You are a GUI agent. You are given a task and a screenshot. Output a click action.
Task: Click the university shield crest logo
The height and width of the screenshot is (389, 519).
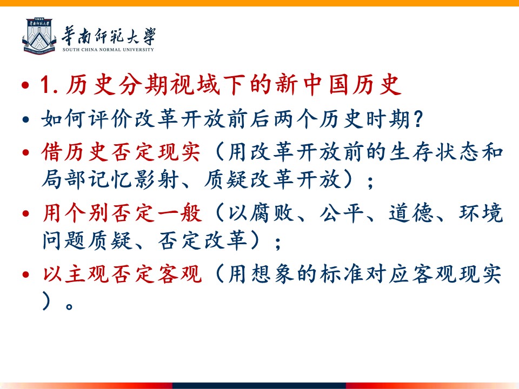(39, 36)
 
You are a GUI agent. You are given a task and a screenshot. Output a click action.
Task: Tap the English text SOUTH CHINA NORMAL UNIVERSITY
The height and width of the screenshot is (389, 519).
(108, 50)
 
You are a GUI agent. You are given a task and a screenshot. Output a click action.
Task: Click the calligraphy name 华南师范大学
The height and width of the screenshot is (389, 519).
(109, 36)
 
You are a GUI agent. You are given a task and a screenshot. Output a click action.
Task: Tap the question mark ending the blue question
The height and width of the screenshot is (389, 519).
(418, 119)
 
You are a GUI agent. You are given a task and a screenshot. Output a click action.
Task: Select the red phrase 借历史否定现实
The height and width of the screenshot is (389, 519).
(121, 152)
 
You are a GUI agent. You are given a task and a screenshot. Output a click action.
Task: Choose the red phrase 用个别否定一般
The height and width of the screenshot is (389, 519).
(122, 213)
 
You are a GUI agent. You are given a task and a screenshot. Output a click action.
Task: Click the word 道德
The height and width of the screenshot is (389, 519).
(411, 213)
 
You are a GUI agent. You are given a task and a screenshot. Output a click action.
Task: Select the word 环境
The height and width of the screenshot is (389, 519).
(481, 213)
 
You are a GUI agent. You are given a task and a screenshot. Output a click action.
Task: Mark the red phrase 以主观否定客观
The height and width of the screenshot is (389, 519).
(122, 274)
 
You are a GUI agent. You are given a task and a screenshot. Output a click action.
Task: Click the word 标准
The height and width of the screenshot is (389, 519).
(342, 274)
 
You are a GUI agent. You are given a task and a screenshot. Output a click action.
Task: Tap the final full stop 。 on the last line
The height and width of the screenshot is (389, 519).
(69, 306)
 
